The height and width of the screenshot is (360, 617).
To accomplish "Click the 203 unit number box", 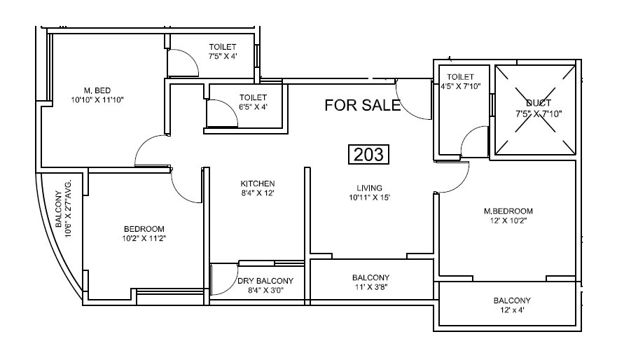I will [x=368, y=154].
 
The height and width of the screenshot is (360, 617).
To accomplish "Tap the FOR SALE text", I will [x=363, y=106].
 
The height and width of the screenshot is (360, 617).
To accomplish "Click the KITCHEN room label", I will [x=258, y=184].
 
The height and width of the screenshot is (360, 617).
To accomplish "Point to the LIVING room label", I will [x=368, y=188].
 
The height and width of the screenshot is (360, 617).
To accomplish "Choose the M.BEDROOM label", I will [x=508, y=211].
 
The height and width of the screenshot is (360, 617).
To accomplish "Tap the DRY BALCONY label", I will [x=265, y=281].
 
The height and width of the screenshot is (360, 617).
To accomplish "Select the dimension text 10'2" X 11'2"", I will [x=144, y=238].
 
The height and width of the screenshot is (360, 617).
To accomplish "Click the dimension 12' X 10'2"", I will [x=508, y=220].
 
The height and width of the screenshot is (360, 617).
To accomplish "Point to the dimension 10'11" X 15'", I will [x=368, y=197].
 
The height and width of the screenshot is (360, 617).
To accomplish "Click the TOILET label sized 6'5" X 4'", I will [x=253, y=97].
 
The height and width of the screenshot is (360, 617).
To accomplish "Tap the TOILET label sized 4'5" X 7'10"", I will [x=460, y=77].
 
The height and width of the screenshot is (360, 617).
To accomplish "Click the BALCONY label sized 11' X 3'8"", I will [x=370, y=277].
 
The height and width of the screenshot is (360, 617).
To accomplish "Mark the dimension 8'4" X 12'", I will [x=258, y=193].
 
